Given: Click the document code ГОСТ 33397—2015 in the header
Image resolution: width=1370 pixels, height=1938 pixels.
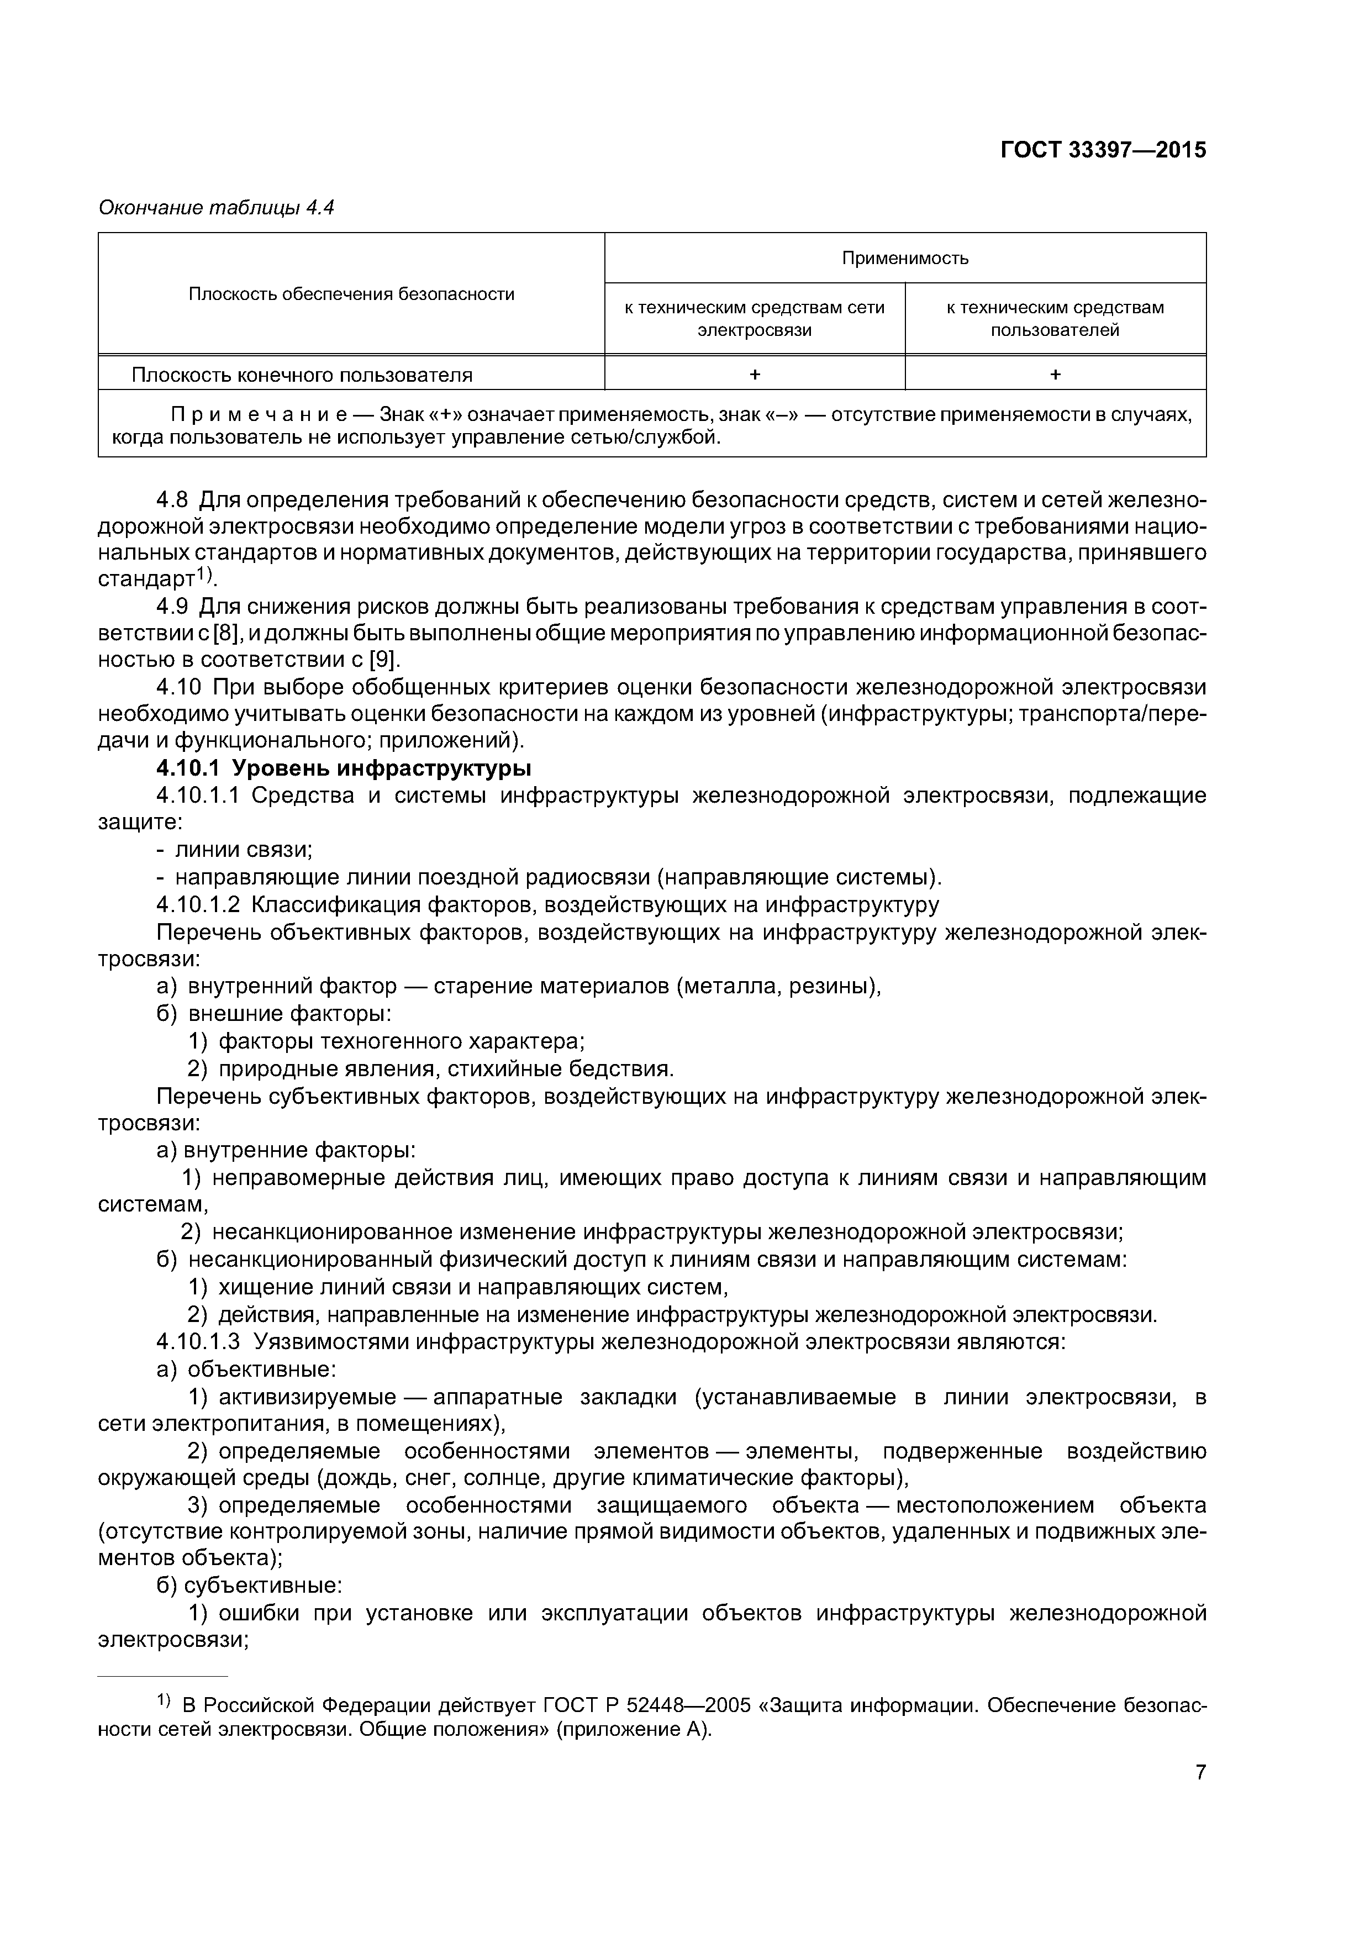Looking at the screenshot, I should point(1103,150).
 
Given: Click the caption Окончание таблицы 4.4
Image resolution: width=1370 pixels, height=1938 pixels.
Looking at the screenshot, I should point(216,208).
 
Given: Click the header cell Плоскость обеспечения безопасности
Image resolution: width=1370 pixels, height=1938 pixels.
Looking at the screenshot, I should point(351,294).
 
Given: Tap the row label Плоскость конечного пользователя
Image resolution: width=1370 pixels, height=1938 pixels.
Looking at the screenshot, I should point(302,375).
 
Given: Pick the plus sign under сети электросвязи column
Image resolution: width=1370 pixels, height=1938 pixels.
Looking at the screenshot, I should point(755,375).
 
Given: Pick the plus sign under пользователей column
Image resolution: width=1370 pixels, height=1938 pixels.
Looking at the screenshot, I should point(1055,375).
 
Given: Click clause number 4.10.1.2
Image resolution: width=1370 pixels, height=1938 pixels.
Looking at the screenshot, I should point(198,905).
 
